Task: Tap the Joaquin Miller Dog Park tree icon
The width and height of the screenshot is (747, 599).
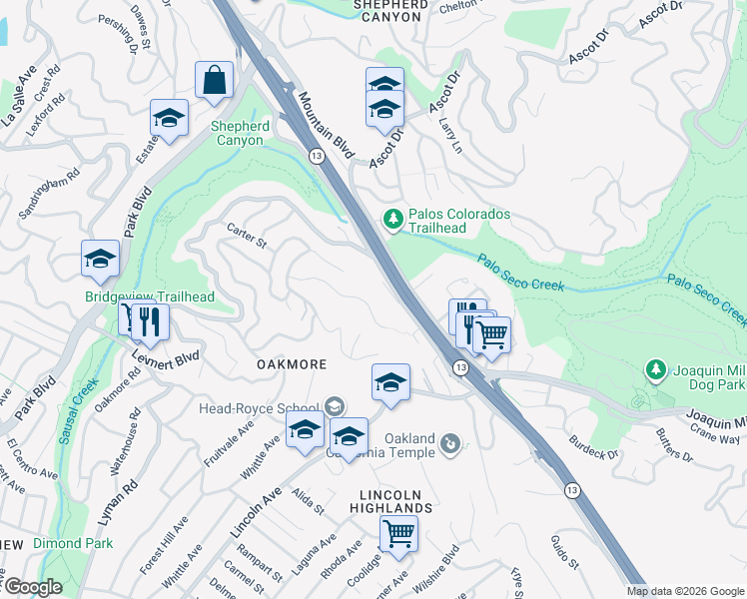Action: coord(655,370)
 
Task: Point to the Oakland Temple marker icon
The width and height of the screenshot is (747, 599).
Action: coord(450,441)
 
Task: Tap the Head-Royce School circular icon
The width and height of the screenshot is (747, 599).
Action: coord(334,406)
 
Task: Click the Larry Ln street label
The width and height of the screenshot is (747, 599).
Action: coord(450,136)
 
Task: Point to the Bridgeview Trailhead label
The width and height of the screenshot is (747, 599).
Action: coord(150,297)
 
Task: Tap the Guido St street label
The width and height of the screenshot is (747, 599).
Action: coord(564,551)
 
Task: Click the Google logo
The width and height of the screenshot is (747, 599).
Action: coord(33,587)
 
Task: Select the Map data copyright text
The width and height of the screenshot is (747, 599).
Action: coord(685,591)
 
